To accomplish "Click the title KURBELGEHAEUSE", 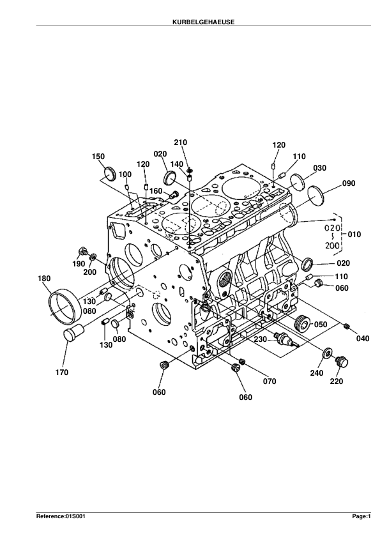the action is tap(203, 22).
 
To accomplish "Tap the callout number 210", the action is tap(180, 142).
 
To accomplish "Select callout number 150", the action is tap(98, 157).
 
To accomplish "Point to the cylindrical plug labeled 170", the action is tap(73, 332).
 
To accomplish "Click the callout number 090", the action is tap(349, 183).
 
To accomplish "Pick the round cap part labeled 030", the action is tap(297, 182).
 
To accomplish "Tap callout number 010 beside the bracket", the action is tap(354, 234).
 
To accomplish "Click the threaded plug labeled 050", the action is tap(303, 323).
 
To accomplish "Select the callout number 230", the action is tap(261, 339).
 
